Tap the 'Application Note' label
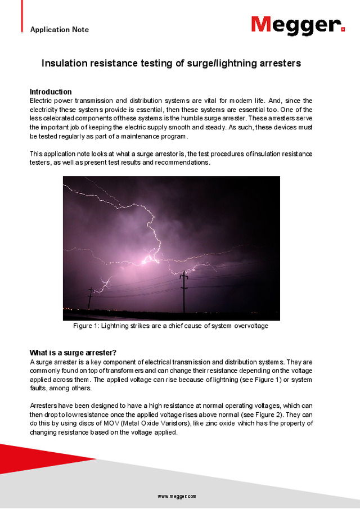pyautogui.click(x=59, y=29)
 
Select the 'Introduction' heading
pyautogui.click(x=51, y=92)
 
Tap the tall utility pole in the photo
pyautogui.click(x=183, y=290)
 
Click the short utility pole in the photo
pyautogui.click(x=90, y=298)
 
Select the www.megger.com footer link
pyautogui.click(x=177, y=496)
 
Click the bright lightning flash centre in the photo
pyautogui.click(x=151, y=259)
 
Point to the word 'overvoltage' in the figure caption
pyautogui.click(x=248, y=326)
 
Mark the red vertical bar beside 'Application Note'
pyautogui.click(x=22, y=16)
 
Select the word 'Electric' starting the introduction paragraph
pyautogui.click(x=42, y=101)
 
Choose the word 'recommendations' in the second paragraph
pyautogui.click(x=182, y=163)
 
